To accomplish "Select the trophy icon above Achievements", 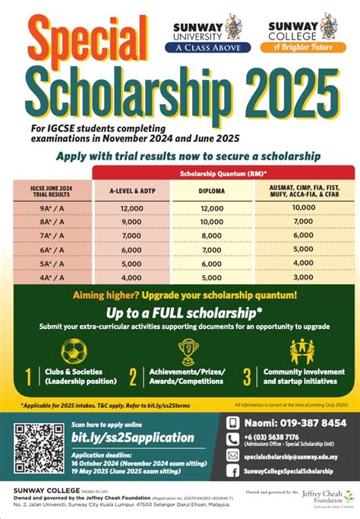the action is tap(188, 350).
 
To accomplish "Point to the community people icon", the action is tap(302, 350).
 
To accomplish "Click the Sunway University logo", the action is tap(207, 33).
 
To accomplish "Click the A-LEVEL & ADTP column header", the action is tap(131, 191).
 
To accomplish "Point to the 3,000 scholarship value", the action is tap(303, 277).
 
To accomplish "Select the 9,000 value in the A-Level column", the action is tap(131, 222).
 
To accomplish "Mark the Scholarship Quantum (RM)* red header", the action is tap(223, 172).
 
